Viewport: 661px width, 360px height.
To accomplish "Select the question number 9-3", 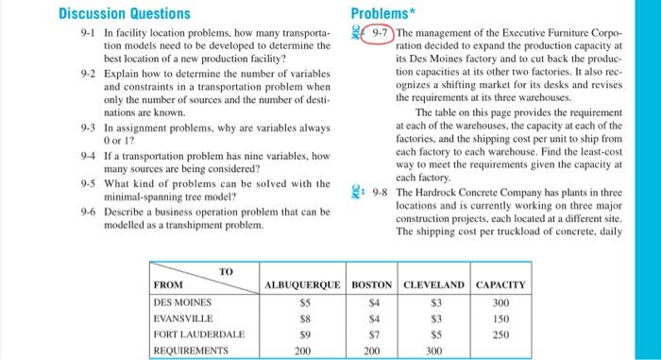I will point(90,126).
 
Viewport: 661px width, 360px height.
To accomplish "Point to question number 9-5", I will point(90,182).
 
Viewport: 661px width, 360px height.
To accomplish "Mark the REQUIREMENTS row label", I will point(191,350).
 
